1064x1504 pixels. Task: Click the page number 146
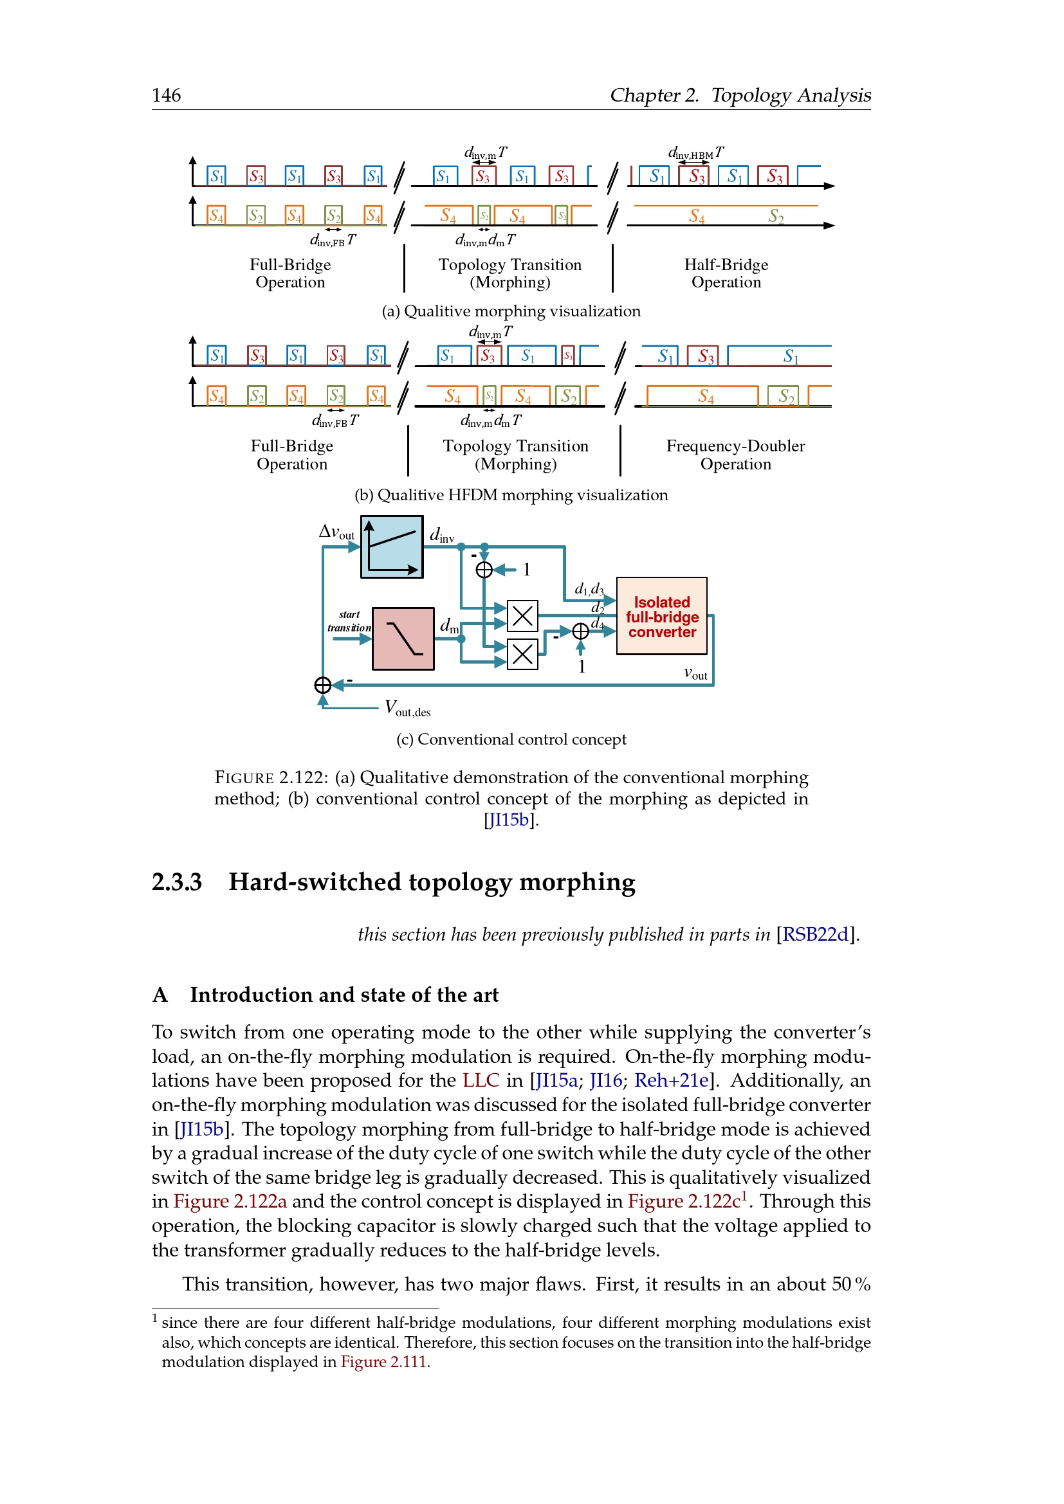click(167, 96)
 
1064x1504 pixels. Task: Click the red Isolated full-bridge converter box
click(661, 616)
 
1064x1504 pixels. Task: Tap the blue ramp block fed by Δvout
click(392, 547)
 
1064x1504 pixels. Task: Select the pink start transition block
click(403, 638)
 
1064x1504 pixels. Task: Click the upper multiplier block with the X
click(522, 616)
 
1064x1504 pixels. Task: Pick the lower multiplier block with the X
click(522, 654)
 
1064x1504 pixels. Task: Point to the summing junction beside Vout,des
click(322, 685)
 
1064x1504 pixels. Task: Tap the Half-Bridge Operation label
click(726, 273)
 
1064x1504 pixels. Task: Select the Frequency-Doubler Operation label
click(735, 455)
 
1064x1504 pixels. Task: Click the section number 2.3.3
click(177, 882)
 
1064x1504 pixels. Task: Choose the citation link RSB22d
click(815, 934)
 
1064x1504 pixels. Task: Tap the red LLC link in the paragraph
click(481, 1080)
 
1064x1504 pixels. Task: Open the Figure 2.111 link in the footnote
click(383, 1362)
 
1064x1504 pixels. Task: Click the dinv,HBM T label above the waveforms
click(695, 153)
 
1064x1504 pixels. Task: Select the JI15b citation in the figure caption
click(510, 820)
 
